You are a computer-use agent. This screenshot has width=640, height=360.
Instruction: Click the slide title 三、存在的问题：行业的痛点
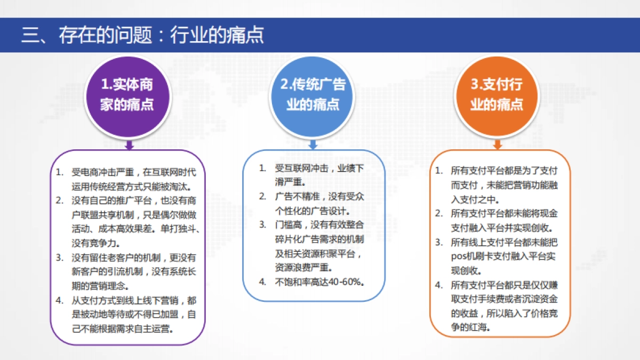point(142,35)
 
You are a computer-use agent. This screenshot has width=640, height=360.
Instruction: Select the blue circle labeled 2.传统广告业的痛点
point(313,94)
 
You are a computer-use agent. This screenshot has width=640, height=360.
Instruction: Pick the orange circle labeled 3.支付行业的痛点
point(497,94)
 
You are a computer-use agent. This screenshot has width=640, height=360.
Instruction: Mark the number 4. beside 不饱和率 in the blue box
point(262,282)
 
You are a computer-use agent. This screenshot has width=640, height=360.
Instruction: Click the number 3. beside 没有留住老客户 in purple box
point(60,258)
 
